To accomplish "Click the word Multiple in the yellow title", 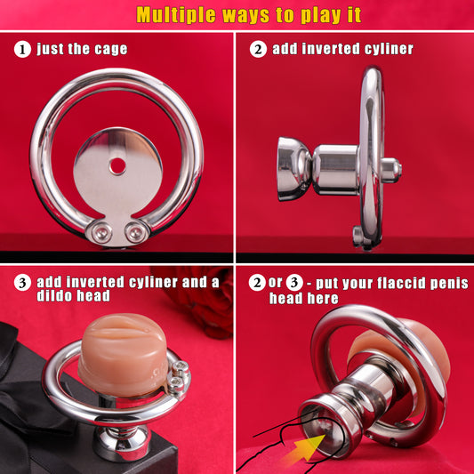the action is click(x=175, y=15).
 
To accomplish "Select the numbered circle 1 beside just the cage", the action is click(x=22, y=50).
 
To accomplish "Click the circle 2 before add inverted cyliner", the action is click(x=258, y=49).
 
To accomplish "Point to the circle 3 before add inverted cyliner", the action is click(x=22, y=283).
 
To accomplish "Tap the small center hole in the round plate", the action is click(x=117, y=166).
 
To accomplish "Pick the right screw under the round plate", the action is click(x=135, y=232).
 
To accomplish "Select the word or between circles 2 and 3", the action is click(x=275, y=282).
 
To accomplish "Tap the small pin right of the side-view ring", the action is click(x=392, y=170).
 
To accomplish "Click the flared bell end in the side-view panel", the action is click(x=293, y=169).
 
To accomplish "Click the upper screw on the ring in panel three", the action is click(x=181, y=366).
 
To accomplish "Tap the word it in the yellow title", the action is click(x=355, y=15).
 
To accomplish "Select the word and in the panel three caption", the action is click(x=193, y=282).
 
